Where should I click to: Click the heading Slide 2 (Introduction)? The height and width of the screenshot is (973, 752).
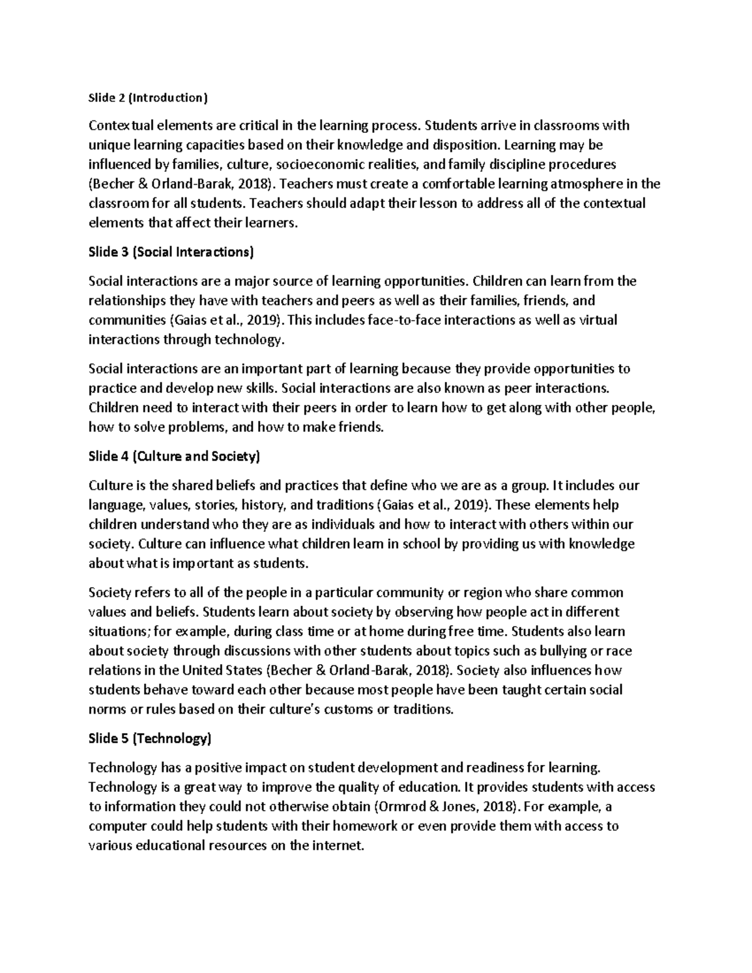(x=147, y=98)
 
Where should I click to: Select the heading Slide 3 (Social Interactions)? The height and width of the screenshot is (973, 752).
(x=171, y=252)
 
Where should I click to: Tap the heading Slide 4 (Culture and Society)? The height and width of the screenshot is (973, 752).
(x=174, y=457)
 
